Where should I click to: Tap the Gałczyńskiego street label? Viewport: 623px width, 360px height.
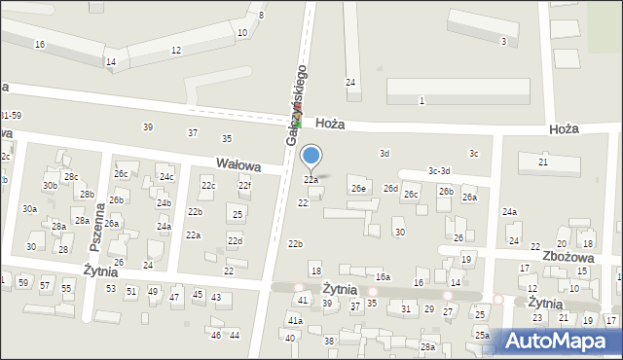(297, 106)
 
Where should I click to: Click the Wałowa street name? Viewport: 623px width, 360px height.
(238, 165)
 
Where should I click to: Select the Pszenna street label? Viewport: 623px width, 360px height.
(98, 234)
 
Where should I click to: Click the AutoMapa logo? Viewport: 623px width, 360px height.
(560, 342)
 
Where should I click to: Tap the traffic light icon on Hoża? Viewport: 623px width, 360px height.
(299, 123)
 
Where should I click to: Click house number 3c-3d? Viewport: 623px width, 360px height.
(439, 171)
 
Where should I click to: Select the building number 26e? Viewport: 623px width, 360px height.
(359, 188)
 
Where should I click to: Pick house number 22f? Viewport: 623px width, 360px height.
(245, 186)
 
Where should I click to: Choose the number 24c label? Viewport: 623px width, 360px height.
(166, 177)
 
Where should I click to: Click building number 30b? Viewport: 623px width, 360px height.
(50, 185)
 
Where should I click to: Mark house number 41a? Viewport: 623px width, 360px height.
(294, 320)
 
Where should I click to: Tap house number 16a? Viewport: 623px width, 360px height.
(383, 277)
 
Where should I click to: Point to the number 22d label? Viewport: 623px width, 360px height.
(235, 240)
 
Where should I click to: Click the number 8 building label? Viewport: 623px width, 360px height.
(261, 16)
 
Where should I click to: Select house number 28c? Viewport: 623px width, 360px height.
(71, 176)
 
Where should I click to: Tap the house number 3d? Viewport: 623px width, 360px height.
(385, 153)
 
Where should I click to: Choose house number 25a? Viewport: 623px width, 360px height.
(482, 335)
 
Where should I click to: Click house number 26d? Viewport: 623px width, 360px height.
(390, 188)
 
